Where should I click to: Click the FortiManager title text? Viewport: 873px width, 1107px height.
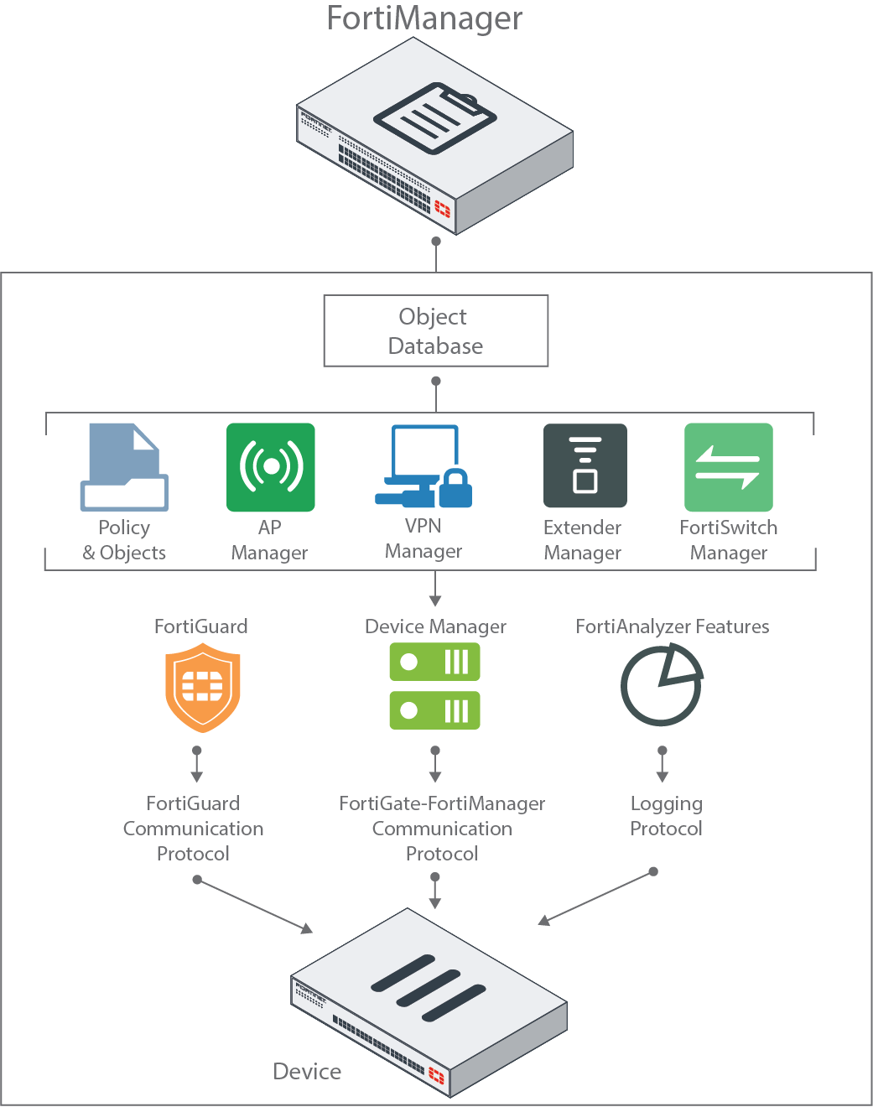424,18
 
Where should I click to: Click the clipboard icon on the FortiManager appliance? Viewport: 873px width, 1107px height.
434,117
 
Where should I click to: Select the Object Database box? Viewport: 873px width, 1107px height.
436,330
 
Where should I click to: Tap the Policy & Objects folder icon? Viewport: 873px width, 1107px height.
124,467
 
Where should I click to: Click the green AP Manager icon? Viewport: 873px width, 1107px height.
271,467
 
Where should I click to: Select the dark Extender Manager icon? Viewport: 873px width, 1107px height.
585,465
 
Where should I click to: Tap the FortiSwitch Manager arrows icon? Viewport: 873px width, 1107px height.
728,467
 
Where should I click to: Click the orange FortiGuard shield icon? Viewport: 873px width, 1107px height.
203,687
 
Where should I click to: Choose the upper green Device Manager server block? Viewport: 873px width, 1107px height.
434,662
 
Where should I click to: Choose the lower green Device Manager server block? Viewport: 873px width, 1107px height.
434,710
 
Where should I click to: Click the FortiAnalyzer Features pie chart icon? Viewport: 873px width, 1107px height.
662,685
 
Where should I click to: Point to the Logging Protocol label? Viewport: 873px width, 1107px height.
667,816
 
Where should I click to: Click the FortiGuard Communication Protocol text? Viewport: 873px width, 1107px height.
194,829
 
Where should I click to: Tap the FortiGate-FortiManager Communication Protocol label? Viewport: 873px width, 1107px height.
442,829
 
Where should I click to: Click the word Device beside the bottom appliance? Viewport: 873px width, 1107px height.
307,1072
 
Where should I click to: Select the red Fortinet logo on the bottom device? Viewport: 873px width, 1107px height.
437,1074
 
